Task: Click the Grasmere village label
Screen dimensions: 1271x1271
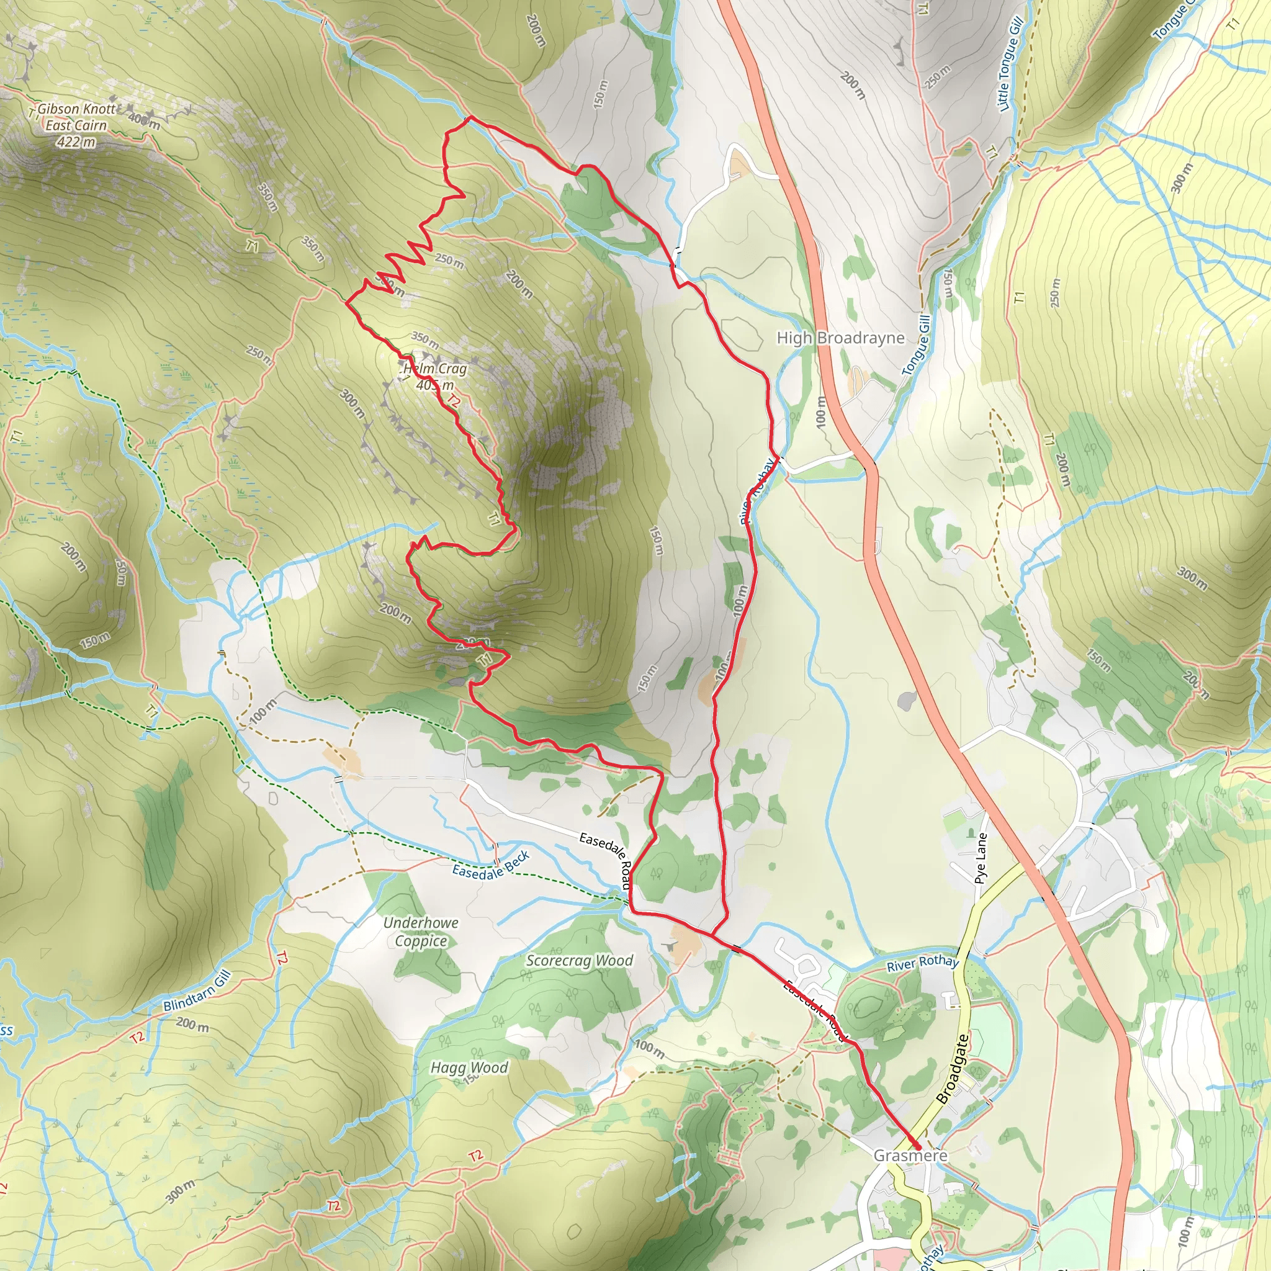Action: click(910, 1155)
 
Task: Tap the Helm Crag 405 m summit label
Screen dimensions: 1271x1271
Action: click(435, 376)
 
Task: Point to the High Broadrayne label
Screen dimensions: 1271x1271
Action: click(841, 338)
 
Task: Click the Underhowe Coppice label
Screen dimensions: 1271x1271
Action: click(420, 932)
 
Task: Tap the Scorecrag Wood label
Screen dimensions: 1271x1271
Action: click(580, 961)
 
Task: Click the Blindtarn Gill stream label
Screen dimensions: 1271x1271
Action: click(197, 991)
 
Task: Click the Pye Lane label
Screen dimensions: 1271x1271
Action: click(981, 858)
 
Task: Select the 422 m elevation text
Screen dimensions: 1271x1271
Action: click(76, 142)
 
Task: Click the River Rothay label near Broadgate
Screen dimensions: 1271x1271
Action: click(922, 963)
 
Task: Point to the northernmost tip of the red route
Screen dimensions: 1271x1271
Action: click(470, 119)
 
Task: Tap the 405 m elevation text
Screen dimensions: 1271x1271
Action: click(435, 385)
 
